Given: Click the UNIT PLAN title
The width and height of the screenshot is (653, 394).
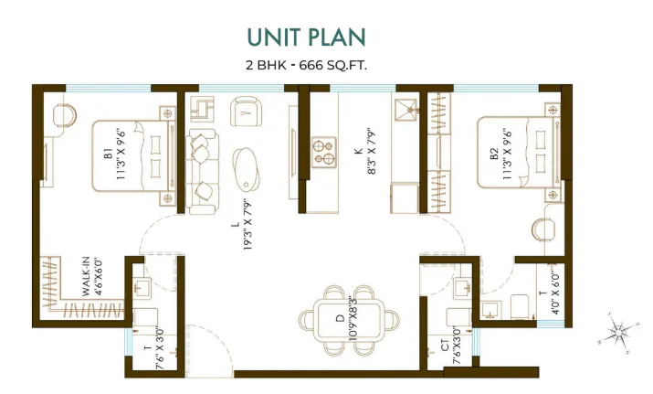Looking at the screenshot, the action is (x=307, y=37).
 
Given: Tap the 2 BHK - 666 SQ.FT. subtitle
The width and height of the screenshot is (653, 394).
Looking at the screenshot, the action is (x=307, y=66).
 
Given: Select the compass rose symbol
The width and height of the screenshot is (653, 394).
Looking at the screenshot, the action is (x=618, y=332).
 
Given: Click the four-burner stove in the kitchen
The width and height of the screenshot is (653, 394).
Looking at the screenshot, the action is (x=324, y=152).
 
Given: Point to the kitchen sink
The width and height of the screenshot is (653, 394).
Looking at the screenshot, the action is (x=405, y=110).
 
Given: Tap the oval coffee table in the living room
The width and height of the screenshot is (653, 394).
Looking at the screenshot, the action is (x=246, y=170).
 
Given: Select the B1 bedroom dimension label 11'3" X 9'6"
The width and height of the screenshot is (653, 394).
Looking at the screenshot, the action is (x=121, y=154).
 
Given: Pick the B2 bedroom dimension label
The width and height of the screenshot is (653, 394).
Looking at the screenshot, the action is (x=507, y=154).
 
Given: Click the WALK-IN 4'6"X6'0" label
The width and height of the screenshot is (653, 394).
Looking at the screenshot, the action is (x=91, y=277).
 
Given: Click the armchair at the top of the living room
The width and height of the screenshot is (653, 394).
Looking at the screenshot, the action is (x=246, y=111).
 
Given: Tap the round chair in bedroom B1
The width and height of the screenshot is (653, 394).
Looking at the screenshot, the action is (x=65, y=114).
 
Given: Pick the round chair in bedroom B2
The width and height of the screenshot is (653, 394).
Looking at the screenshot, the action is (x=543, y=229).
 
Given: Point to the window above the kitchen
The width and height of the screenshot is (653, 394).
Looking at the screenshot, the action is (x=363, y=88).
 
